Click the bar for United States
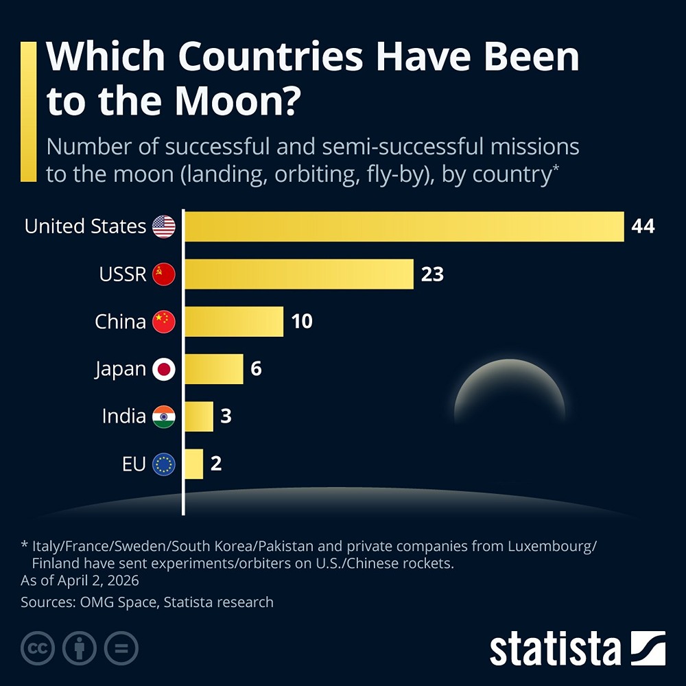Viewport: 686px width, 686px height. click(x=405, y=226)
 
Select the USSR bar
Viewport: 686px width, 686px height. click(x=299, y=274)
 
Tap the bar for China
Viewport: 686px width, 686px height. click(x=234, y=322)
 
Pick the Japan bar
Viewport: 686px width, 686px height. click(x=214, y=369)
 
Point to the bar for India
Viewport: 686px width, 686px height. click(x=199, y=416)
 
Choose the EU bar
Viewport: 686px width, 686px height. click(x=194, y=464)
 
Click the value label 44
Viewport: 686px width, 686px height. click(x=643, y=226)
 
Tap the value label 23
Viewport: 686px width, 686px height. click(x=433, y=274)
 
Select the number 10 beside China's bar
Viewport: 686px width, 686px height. click(x=302, y=322)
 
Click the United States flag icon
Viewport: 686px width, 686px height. click(x=164, y=226)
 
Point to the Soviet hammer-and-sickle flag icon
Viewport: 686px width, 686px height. click(x=164, y=274)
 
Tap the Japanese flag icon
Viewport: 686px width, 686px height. click(x=164, y=370)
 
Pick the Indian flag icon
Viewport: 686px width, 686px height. click(x=164, y=416)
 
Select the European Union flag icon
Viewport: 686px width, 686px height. click(x=164, y=464)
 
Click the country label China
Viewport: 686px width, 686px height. click(x=120, y=322)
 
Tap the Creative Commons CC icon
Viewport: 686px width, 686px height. click(x=38, y=647)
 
